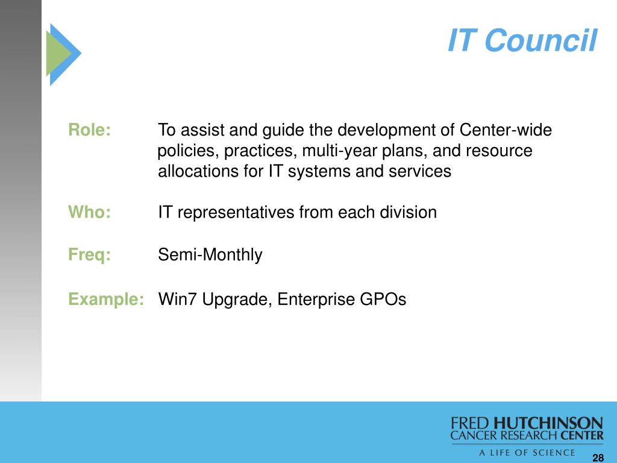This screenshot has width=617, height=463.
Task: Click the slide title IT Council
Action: click(x=522, y=40)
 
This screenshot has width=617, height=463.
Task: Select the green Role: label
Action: click(x=90, y=130)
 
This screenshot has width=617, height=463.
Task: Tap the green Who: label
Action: click(x=90, y=212)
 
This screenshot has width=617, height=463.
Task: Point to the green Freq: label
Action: click(x=90, y=255)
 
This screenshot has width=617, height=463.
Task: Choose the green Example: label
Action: click(x=106, y=299)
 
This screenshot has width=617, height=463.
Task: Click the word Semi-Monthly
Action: click(x=210, y=255)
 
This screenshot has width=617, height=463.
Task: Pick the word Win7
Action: click(x=177, y=299)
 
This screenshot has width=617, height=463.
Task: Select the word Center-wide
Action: click(x=506, y=130)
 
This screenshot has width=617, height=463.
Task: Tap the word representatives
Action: click(x=236, y=213)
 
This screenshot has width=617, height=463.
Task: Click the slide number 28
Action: click(x=598, y=458)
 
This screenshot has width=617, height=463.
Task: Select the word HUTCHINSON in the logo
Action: click(x=548, y=423)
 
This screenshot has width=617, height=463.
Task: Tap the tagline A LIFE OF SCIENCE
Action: click(x=527, y=453)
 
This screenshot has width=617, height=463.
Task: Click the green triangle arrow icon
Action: click(x=58, y=54)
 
